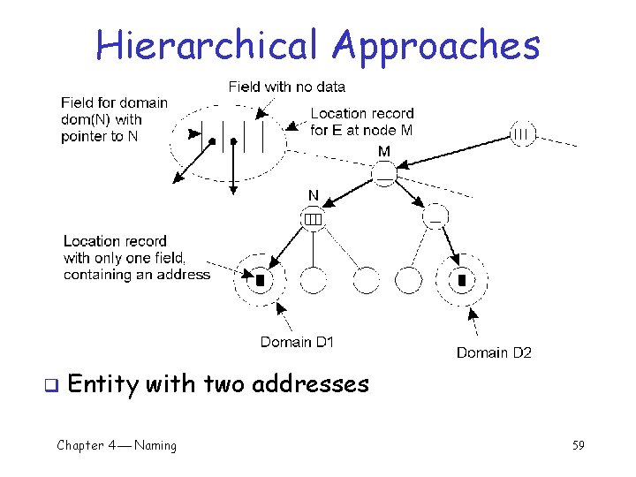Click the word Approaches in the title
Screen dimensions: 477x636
pyautogui.click(x=440, y=46)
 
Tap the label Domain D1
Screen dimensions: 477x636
pyautogui.click(x=297, y=342)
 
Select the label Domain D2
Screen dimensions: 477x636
pyautogui.click(x=494, y=352)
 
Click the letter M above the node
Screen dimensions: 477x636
pyautogui.click(x=384, y=152)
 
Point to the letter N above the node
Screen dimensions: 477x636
pyautogui.click(x=314, y=195)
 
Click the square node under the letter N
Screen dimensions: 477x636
pyautogui.click(x=314, y=217)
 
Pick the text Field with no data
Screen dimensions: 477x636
pyautogui.click(x=287, y=87)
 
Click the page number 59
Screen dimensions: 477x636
pyautogui.click(x=578, y=445)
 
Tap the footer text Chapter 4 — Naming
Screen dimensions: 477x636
pyautogui.click(x=117, y=445)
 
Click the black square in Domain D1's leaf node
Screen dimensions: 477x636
pyautogui.click(x=261, y=280)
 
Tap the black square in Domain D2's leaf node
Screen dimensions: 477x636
pyautogui.click(x=461, y=280)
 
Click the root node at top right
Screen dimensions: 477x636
pyautogui.click(x=522, y=134)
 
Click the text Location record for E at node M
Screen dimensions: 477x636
pyautogui.click(x=362, y=122)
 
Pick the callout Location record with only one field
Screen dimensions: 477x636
pyautogui.click(x=136, y=258)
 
